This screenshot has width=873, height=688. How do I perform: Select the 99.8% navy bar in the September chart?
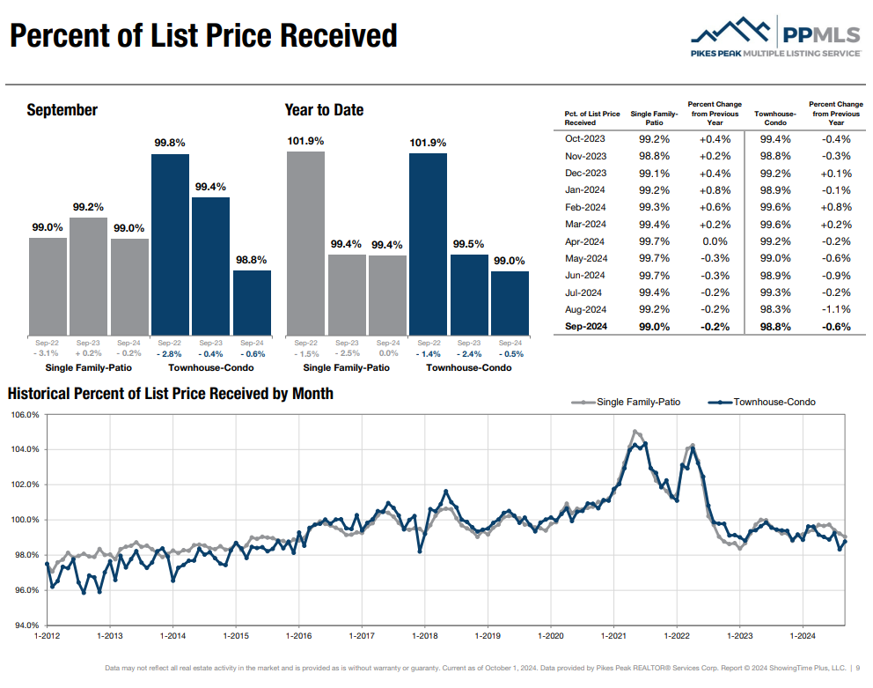click(x=170, y=244)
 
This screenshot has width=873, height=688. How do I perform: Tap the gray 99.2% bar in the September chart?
click(x=88, y=276)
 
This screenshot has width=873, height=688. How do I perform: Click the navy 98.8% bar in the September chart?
click(x=252, y=302)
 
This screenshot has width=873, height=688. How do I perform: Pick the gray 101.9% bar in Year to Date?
click(x=305, y=243)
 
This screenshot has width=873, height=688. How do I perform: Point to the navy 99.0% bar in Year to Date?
click(x=510, y=302)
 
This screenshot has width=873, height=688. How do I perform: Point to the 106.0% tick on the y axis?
click(x=25, y=415)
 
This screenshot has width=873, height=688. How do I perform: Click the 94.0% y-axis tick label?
click(x=25, y=625)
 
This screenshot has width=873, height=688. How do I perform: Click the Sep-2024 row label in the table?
click(x=585, y=327)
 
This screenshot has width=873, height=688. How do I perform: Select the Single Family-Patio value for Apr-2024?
click(x=654, y=241)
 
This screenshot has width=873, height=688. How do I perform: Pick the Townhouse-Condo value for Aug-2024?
click(x=774, y=310)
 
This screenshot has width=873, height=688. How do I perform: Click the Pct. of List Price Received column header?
click(x=591, y=118)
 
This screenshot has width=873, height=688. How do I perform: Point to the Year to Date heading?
click(x=324, y=110)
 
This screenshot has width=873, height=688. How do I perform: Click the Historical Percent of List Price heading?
click(x=171, y=394)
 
